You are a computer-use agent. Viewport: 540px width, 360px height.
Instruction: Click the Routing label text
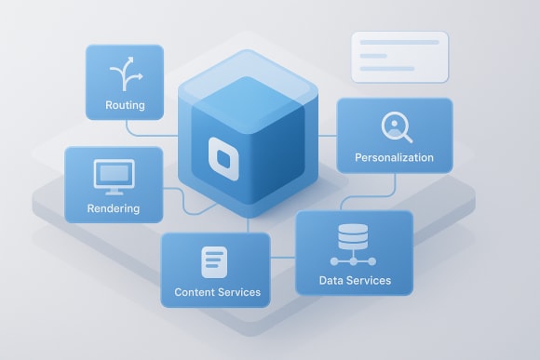125,105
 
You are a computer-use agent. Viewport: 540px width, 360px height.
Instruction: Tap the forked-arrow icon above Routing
124,73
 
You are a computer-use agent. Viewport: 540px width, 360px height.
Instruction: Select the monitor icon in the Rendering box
115,174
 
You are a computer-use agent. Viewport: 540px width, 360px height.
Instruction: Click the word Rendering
113,208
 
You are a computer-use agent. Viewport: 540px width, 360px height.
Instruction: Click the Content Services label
217,292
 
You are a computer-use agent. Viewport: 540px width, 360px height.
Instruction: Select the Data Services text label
355,280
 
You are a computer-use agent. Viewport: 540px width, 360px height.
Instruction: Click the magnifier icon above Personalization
394,127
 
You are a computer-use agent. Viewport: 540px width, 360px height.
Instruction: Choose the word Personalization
394,158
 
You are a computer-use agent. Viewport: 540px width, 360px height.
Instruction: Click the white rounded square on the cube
223,156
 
